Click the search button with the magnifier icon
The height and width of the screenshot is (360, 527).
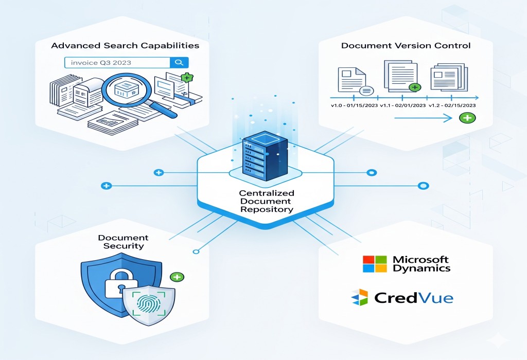(x=179, y=63)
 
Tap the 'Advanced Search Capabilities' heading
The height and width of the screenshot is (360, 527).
(x=125, y=46)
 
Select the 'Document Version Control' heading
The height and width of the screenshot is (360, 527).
(x=406, y=46)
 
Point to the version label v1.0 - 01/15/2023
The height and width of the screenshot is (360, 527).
(x=354, y=105)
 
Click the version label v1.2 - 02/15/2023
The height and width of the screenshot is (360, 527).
(x=452, y=105)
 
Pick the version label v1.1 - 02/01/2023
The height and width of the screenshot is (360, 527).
(x=403, y=105)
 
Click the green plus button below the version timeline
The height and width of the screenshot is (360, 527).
(x=467, y=118)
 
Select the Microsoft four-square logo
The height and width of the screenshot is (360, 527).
(x=374, y=264)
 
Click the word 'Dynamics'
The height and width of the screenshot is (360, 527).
(x=421, y=268)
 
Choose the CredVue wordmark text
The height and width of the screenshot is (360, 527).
(x=414, y=298)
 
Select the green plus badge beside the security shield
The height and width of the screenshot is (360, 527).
(x=177, y=277)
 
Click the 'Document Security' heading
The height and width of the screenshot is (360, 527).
(x=123, y=242)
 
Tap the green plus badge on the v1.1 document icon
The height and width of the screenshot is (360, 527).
(x=415, y=87)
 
